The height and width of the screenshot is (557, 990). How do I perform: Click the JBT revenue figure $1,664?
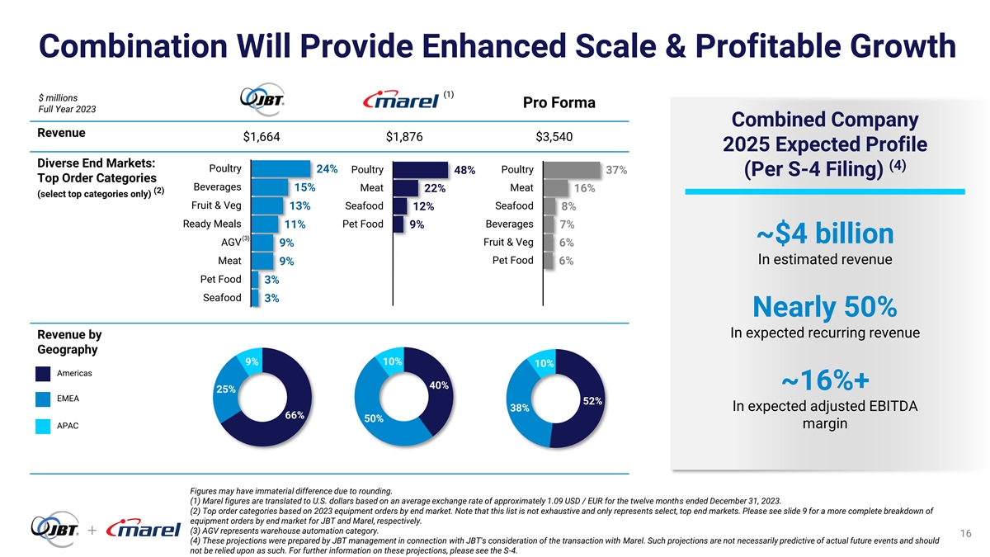coord(262,136)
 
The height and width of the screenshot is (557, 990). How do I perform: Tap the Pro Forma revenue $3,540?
coord(554,136)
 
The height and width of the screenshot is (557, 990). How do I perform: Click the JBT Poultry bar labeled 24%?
coord(279,169)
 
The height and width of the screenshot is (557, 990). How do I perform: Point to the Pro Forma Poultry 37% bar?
coord(572,170)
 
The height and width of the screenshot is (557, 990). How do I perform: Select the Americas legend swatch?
coord(44,374)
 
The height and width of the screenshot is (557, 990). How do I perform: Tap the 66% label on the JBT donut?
coord(295,415)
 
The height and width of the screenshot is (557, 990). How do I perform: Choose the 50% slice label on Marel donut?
coord(374,419)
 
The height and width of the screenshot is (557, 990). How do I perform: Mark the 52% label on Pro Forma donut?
coord(592,401)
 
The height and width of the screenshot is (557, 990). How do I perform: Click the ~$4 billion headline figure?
coord(824,234)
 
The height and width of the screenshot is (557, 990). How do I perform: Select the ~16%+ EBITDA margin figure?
coord(824,380)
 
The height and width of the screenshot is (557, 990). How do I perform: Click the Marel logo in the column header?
coord(402,101)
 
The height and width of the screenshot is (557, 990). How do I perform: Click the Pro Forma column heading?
coord(559,103)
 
